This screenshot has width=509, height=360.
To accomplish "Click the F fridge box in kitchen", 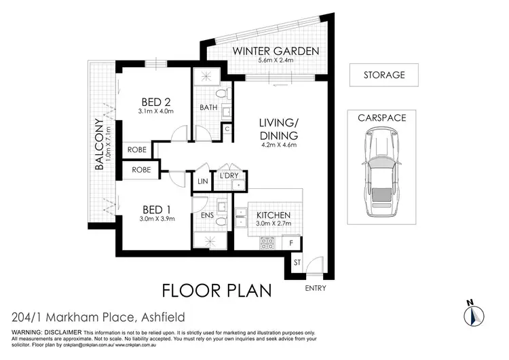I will tap(291, 242).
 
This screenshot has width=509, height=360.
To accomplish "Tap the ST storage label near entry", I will tap(297, 262).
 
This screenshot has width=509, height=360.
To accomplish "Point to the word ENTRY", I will tap(316, 287).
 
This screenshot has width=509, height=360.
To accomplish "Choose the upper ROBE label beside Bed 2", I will tap(135, 149).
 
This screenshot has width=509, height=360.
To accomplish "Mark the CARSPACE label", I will tap(381, 118).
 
